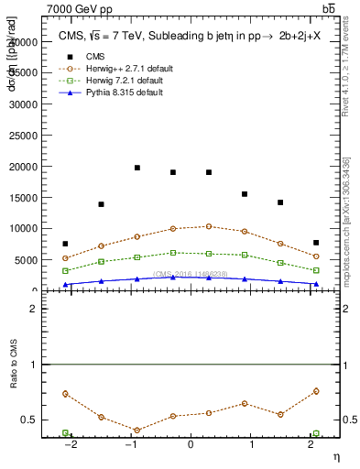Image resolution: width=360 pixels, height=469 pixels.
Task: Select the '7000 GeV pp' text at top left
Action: click(x=71, y=8)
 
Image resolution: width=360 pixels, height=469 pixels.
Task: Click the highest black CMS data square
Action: click(x=137, y=168)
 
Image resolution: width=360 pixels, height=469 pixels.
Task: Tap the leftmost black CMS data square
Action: click(x=65, y=244)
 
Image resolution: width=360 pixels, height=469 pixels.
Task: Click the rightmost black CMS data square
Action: click(x=316, y=243)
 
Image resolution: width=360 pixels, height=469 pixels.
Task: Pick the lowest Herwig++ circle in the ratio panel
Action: click(x=137, y=430)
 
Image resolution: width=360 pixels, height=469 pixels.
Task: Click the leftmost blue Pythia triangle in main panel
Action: click(x=65, y=285)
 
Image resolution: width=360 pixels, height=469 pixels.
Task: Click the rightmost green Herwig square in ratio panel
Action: click(x=316, y=433)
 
